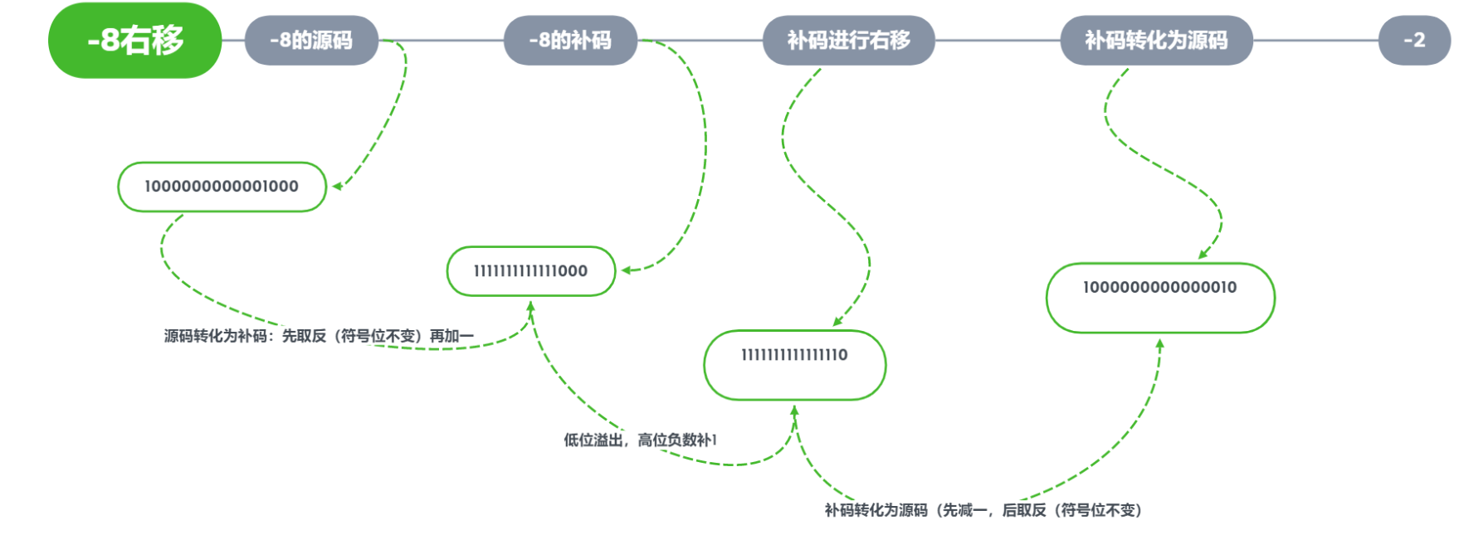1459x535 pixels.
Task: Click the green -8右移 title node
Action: pyautogui.click(x=135, y=40)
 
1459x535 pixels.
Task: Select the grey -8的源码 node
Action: pyautogui.click(x=311, y=40)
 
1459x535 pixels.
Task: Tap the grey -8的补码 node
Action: pyautogui.click(x=570, y=40)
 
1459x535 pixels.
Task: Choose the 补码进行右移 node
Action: pyautogui.click(x=848, y=40)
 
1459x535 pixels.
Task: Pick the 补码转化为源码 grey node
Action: pyautogui.click(x=1156, y=40)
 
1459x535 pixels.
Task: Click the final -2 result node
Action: pyautogui.click(x=1414, y=40)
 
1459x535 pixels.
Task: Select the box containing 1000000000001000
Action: pyautogui.click(x=222, y=187)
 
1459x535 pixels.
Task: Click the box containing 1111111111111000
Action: pyautogui.click(x=530, y=270)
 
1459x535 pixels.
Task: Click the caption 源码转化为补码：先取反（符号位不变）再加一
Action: pyautogui.click(x=319, y=336)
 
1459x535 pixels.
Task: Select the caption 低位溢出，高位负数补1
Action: pyautogui.click(x=640, y=440)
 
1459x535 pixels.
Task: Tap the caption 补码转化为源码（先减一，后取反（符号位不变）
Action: pyautogui.click(x=983, y=510)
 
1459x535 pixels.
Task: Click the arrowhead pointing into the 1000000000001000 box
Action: pyautogui.click(x=337, y=187)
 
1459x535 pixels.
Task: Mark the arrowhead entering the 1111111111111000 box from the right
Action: pyautogui.click(x=627, y=270)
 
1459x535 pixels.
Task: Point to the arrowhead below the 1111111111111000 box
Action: pyautogui.click(x=530, y=306)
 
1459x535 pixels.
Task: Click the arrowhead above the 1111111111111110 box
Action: pyautogui.click(x=837, y=322)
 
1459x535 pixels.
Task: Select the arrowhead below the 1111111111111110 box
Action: pyautogui.click(x=794, y=410)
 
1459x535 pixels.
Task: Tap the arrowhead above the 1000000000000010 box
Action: pyautogui.click(x=1203, y=255)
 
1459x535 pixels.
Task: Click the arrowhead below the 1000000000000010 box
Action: pyautogui.click(x=1159, y=343)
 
